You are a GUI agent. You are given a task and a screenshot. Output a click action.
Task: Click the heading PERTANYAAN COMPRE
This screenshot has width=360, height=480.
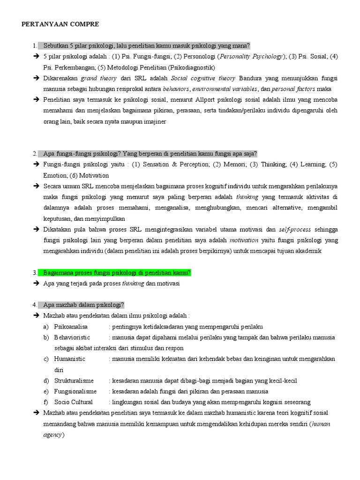point(60,24)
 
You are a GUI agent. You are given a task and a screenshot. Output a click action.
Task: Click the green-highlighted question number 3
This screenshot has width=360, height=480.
point(35,273)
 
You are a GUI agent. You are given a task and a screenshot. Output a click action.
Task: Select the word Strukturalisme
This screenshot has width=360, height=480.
point(74,381)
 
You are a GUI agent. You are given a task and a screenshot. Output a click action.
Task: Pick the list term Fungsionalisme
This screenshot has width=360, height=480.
point(75,391)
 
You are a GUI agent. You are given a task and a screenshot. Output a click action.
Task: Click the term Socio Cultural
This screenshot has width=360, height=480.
point(73,402)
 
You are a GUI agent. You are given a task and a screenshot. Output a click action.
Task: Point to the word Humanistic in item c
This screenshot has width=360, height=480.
point(69,359)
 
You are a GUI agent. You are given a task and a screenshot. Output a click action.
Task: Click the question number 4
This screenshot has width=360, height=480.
point(35,305)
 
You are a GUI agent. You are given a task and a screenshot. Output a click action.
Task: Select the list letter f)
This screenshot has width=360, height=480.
point(45,402)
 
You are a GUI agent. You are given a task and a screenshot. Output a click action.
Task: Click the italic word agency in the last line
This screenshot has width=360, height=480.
point(52,435)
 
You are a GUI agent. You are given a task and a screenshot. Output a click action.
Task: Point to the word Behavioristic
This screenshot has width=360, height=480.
point(72,337)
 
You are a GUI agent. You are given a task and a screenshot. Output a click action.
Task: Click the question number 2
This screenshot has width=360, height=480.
point(35,154)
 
